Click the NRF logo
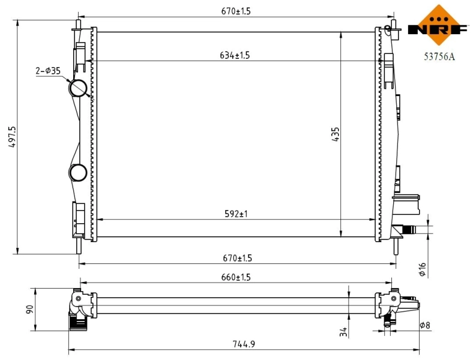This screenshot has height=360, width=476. tap(438, 28)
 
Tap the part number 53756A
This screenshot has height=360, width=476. tap(439, 58)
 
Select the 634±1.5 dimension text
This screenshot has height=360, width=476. tap(235, 56)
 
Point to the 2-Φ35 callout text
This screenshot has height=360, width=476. tap(48, 71)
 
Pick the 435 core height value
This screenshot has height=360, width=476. tap(336, 134)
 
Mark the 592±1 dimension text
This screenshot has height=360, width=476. tap(236, 214)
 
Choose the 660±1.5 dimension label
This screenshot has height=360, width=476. tap(236, 277)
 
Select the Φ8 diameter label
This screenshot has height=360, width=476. tap(424, 325)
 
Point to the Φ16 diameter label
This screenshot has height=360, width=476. tap(422, 269)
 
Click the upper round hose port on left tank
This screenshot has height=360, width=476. tap(79, 88)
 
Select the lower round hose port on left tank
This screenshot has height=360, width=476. tap(78, 173)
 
